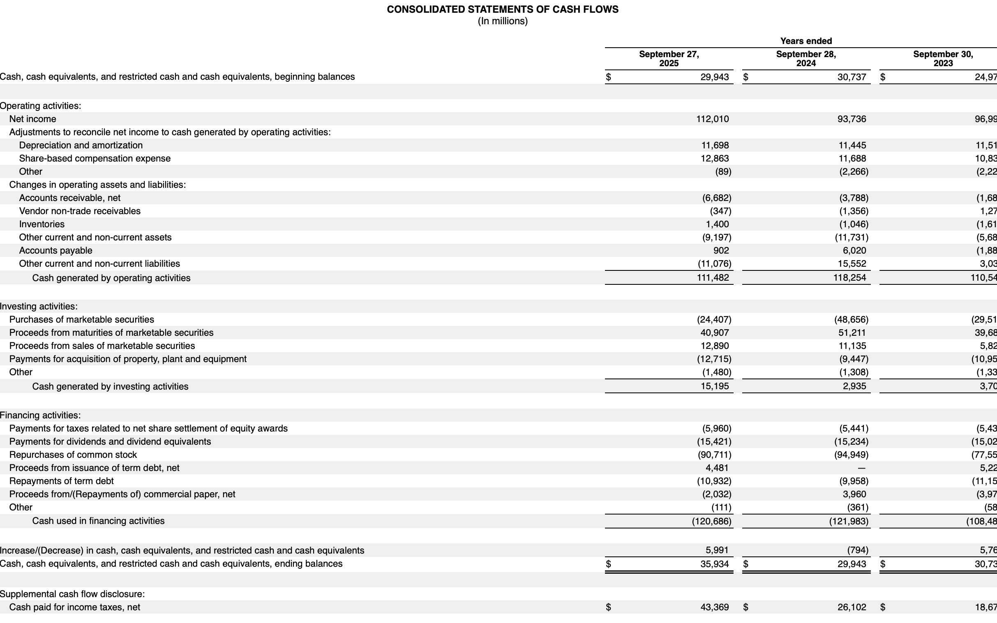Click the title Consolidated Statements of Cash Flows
[502, 9]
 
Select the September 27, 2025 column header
[669, 58]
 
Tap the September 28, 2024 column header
[806, 58]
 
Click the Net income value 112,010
[712, 119]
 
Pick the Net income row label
[32, 119]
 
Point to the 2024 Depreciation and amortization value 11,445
[852, 145]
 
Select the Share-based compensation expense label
[95, 159]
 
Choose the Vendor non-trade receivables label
[79, 211]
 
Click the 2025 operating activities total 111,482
[712, 278]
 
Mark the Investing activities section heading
[39, 306]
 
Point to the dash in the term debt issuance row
[861, 468]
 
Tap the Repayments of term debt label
[61, 481]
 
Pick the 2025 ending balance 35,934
[714, 564]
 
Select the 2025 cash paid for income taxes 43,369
[714, 607]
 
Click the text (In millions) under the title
[502, 21]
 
